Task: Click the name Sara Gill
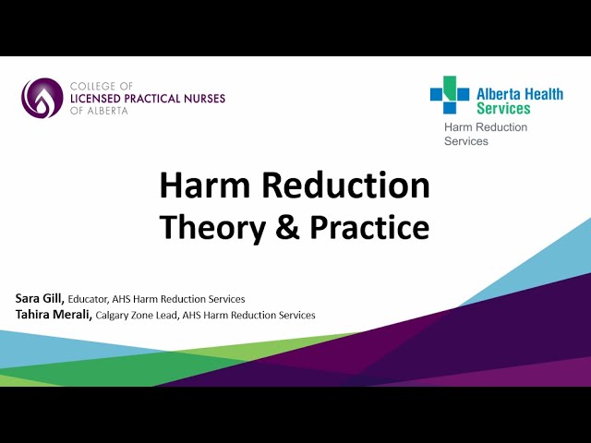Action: (x=39, y=298)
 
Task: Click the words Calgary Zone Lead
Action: (x=135, y=316)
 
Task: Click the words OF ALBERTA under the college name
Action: (x=101, y=111)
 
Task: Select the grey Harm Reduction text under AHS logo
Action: (x=486, y=127)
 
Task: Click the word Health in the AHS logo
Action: (x=544, y=94)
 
